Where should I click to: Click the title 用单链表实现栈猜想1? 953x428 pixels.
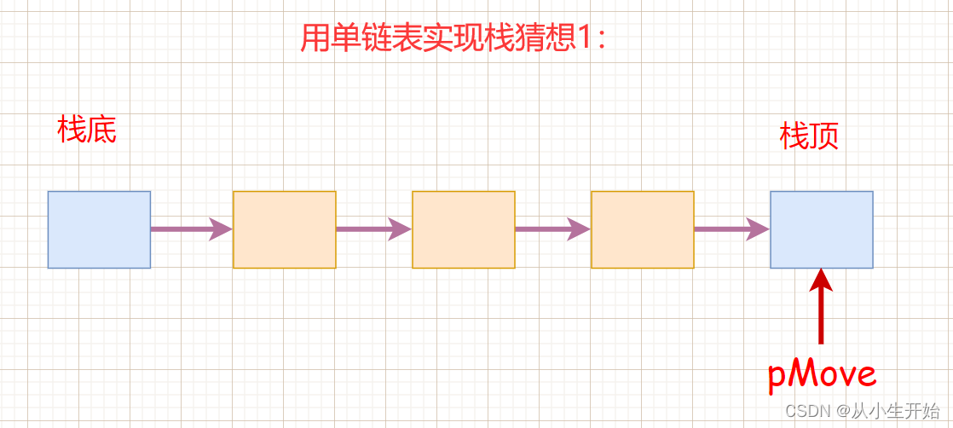pos(453,38)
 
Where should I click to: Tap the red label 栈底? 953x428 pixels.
pos(87,130)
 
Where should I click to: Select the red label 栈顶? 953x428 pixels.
pos(810,136)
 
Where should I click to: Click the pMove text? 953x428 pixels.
pos(822,374)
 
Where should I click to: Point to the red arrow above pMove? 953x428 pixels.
pos(822,307)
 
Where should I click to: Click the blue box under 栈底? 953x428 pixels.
pos(99,229)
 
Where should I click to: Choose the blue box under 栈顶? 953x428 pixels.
pos(822,229)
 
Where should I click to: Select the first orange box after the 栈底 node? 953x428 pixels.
pos(285,229)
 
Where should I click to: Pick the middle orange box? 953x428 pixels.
pos(464,229)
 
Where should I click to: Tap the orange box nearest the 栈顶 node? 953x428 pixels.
pos(643,229)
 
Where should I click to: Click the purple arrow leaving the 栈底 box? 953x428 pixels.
pos(191,228)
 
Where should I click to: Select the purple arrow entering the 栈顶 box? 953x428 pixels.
pos(731,228)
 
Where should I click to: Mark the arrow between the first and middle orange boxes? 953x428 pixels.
pos(373,228)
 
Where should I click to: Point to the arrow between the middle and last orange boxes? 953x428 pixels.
pos(552,228)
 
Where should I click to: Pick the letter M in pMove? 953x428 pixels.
pos(804,374)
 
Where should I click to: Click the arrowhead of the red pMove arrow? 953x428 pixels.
pos(822,279)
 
